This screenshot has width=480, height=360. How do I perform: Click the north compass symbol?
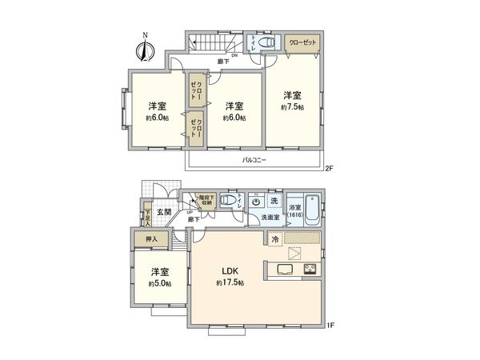[x=145, y=50]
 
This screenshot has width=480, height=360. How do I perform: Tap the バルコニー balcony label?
[x=254, y=161]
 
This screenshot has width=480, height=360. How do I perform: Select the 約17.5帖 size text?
[x=229, y=283]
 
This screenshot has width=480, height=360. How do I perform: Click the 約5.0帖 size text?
[x=158, y=283]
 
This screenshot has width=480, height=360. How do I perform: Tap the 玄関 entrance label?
[x=164, y=211]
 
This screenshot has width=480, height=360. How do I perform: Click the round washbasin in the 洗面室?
[x=255, y=202]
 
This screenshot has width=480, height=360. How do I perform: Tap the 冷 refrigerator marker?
[x=274, y=238]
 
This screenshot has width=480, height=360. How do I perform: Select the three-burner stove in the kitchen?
[x=310, y=269]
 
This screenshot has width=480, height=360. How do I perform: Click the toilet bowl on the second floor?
[x=268, y=43]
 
